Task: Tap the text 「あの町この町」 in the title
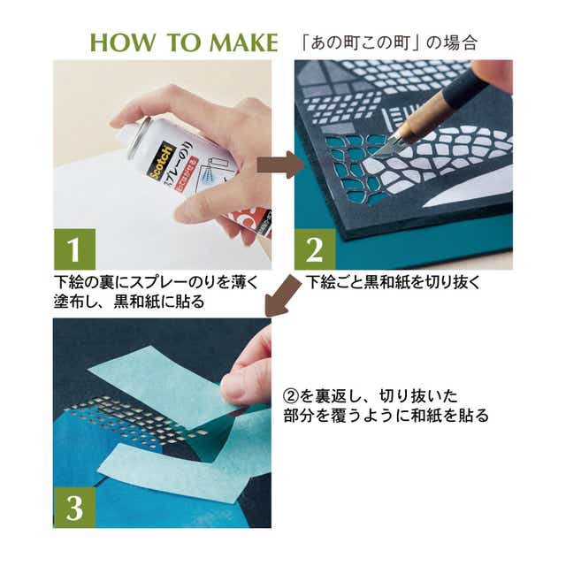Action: click(x=361, y=42)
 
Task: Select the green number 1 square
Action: click(x=74, y=249)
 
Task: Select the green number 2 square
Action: click(x=315, y=249)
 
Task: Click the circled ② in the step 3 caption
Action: click(x=291, y=396)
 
